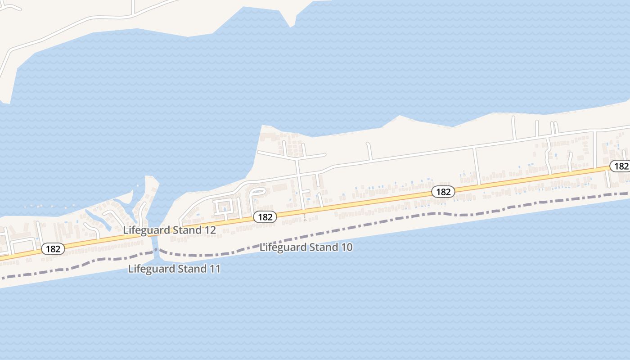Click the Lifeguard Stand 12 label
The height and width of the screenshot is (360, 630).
pyautogui.click(x=169, y=230)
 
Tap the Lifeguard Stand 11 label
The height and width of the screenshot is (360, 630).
pyautogui.click(x=174, y=269)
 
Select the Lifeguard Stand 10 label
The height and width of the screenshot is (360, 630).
pyautogui.click(x=306, y=247)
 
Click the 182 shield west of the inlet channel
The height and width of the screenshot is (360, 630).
pyautogui.click(x=53, y=249)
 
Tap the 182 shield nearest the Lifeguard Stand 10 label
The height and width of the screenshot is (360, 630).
pyautogui.click(x=265, y=217)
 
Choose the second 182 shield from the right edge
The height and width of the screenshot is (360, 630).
pyautogui.click(x=443, y=192)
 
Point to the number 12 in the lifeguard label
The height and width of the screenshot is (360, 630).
pyautogui.click(x=210, y=230)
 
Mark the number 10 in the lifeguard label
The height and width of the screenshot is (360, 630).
pyautogui.click(x=346, y=247)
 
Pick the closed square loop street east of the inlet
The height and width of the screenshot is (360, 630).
pyautogui.click(x=224, y=207)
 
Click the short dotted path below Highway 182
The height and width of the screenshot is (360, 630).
pyautogui.click(x=305, y=217)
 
